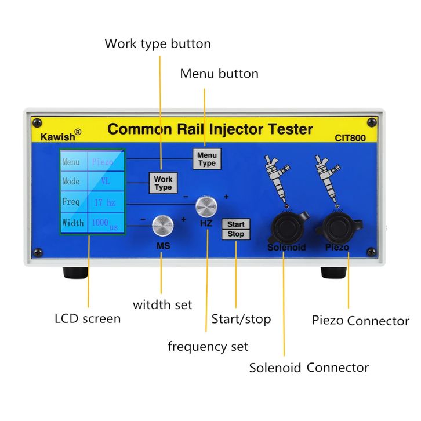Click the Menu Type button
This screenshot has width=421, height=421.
point(206,159)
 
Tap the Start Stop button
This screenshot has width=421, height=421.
point(235,229)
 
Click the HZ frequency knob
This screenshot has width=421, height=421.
point(206,206)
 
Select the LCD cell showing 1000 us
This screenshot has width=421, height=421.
point(105,223)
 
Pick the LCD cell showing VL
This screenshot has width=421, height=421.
point(105,182)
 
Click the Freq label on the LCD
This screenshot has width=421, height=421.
point(72,202)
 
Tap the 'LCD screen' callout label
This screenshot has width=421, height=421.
point(88,318)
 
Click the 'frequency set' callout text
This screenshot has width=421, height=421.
point(208,347)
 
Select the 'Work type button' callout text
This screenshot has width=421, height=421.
point(157,43)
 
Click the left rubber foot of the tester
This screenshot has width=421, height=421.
point(75,273)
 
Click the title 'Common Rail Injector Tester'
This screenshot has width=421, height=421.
point(210,129)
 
